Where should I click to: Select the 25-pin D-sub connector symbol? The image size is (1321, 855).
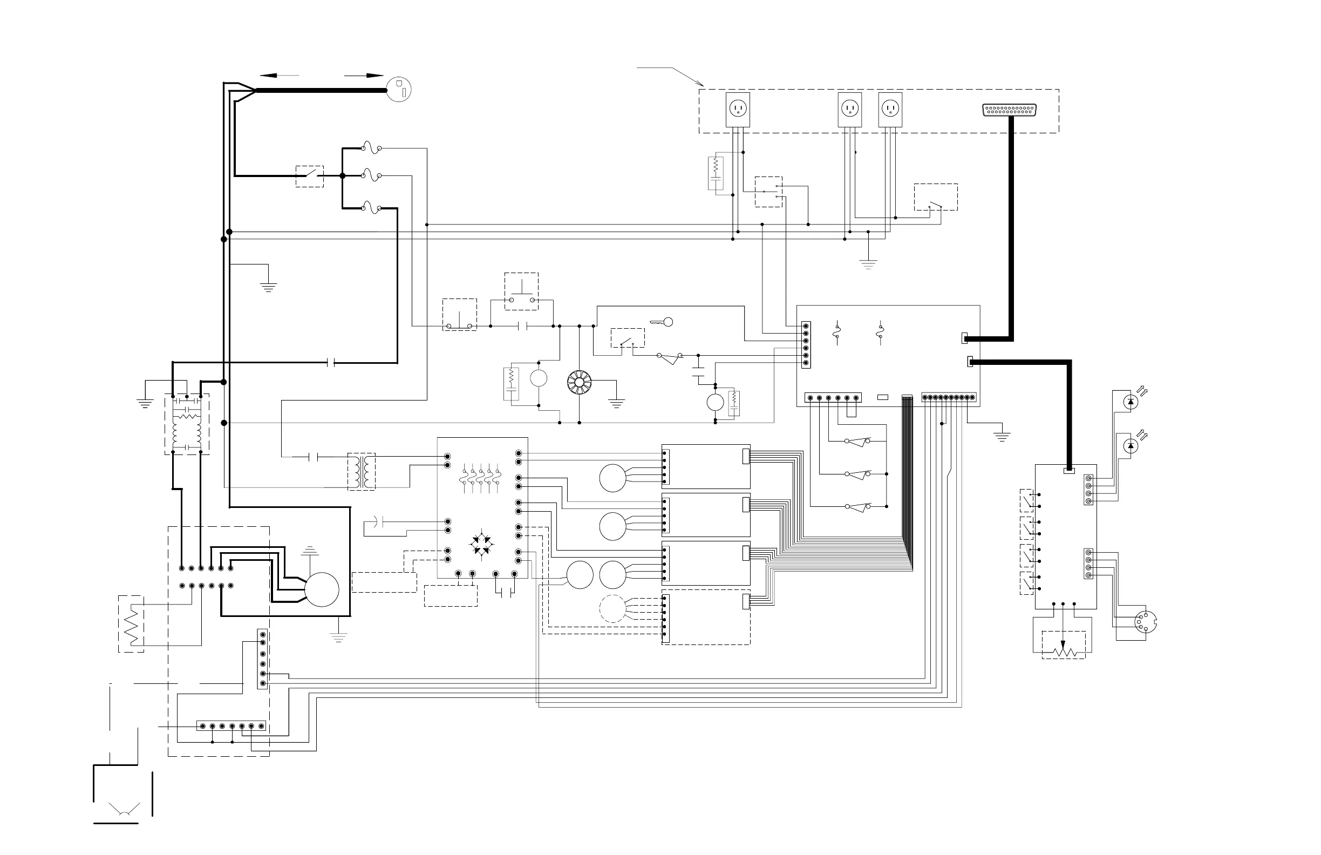[1010, 110]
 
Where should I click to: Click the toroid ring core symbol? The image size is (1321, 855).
[579, 383]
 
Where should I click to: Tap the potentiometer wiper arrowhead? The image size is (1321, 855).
[1063, 645]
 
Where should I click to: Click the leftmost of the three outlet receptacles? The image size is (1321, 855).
[738, 108]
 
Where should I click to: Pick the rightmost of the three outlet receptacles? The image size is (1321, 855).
[890, 108]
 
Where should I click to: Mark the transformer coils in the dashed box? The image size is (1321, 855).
[362, 471]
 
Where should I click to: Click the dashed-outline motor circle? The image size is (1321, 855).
[612, 608]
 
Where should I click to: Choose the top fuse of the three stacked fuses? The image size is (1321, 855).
[371, 148]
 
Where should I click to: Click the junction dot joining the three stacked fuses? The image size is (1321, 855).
[343, 175]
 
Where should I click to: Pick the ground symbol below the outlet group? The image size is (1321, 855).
[868, 264]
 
